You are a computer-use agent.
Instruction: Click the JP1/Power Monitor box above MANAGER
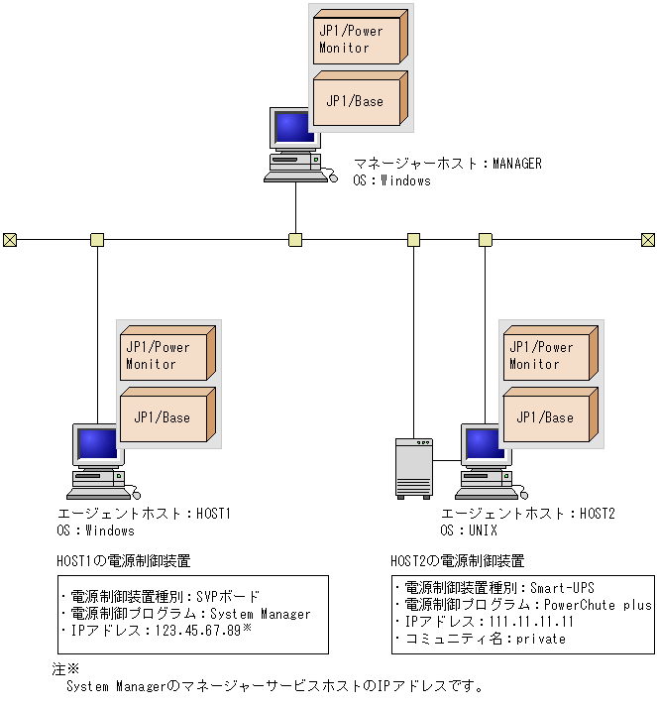[x=358, y=39]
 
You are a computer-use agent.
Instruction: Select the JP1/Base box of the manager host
[x=358, y=100]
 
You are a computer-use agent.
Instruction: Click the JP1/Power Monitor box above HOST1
[x=164, y=356]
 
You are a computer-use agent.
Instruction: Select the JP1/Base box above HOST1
[x=164, y=416]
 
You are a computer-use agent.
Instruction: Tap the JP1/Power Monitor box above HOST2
[x=548, y=356]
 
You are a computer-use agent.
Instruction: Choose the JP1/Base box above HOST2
[x=548, y=416]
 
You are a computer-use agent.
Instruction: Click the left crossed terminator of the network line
[x=10, y=240]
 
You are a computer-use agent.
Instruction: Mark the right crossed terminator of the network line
[x=648, y=240]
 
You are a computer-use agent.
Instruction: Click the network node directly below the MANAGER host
[x=295, y=240]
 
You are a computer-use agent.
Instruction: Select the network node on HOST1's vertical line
[x=97, y=240]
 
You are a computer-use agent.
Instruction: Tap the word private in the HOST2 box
[x=541, y=639]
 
